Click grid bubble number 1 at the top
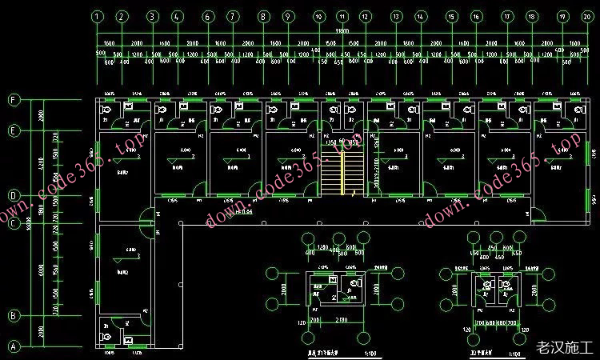[97, 16]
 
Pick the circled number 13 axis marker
[395, 16]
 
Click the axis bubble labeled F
[13, 100]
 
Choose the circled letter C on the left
[13, 223]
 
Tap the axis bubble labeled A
[13, 347]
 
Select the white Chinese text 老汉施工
[563, 348]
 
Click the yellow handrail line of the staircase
[346, 176]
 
